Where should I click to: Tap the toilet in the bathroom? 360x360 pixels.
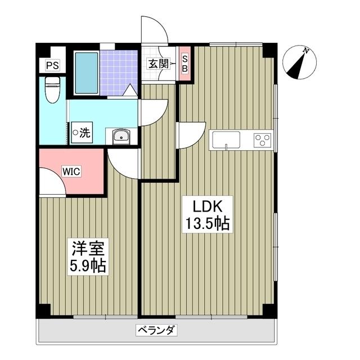click(x=52, y=90)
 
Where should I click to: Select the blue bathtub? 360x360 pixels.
click(x=86, y=73)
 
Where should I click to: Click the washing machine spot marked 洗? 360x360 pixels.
click(x=81, y=133)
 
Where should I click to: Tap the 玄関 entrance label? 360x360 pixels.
click(x=158, y=64)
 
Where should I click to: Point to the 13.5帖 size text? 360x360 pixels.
click(x=207, y=224)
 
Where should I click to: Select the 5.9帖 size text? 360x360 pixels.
click(x=88, y=265)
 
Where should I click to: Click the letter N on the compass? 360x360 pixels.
click(x=306, y=51)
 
